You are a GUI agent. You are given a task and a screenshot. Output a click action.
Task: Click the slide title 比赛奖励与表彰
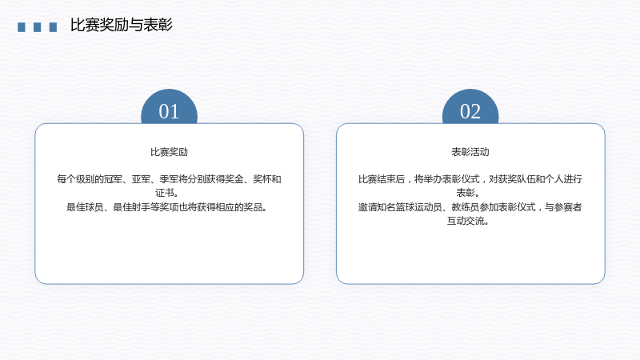pyautogui.click(x=122, y=25)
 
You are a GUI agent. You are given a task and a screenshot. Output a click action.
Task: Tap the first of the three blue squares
pyautogui.click(x=22, y=27)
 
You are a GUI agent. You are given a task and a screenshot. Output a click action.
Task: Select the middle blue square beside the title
pyautogui.click(x=37, y=27)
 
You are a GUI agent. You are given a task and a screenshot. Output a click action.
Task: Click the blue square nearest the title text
pyautogui.click(x=53, y=27)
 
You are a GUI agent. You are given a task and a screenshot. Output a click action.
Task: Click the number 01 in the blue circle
pyautogui.click(x=169, y=111)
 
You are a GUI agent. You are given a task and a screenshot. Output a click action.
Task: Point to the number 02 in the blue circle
pyautogui.click(x=470, y=111)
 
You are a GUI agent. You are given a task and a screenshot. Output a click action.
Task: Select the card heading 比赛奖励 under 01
pyautogui.click(x=169, y=152)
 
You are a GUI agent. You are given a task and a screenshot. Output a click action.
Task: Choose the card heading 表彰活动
pyautogui.click(x=470, y=152)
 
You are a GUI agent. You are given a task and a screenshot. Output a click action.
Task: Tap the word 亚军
pyautogui.click(x=141, y=179)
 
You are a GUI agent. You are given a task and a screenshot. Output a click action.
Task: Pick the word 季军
pyautogui.click(x=169, y=179)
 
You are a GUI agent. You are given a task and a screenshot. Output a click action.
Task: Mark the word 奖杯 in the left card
pyautogui.click(x=262, y=179)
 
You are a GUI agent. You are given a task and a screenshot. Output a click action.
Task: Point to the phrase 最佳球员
pyautogui.click(x=85, y=207)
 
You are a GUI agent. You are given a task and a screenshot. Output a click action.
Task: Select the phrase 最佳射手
pyautogui.click(x=131, y=207)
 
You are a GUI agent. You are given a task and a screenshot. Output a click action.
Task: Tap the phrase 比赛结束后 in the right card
pyautogui.click(x=382, y=179)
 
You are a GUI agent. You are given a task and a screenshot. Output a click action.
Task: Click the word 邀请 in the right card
pyautogui.click(x=367, y=207)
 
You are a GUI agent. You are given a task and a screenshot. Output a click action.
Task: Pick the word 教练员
pyautogui.click(x=466, y=207)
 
